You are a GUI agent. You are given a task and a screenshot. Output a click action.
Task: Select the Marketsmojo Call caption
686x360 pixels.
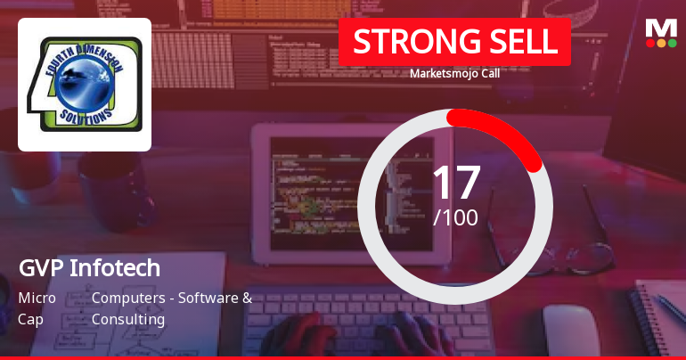pos(454,74)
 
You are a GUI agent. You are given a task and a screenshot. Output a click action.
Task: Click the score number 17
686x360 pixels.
pos(455,182)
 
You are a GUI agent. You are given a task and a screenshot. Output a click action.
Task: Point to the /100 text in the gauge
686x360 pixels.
pos(455,217)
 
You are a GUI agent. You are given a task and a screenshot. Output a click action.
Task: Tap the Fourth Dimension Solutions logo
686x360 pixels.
pos(85,85)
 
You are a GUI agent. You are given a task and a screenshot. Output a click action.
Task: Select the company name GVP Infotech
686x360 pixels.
pos(89,267)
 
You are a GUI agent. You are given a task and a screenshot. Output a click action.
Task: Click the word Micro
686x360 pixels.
pos(37,298)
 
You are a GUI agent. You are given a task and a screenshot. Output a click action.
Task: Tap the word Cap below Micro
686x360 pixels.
pos(30,319)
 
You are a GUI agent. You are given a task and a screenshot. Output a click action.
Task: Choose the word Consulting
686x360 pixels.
pos(128,319)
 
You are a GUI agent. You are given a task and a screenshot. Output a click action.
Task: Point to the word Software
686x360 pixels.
pos(208,298)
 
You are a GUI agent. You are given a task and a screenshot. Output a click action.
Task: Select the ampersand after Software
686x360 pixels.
pos(247,298)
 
